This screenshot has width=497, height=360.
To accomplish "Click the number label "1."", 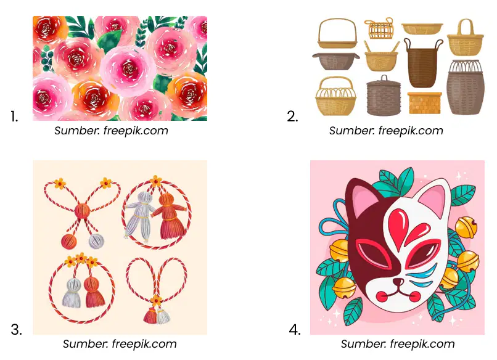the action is click(x=14, y=117).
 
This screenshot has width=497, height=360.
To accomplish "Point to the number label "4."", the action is click(x=295, y=330).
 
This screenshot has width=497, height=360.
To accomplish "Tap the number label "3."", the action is click(x=17, y=330).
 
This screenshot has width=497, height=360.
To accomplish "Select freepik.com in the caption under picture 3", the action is click(x=144, y=344).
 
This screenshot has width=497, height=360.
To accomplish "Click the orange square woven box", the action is click(x=424, y=103).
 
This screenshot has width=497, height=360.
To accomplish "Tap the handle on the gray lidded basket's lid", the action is click(x=384, y=78).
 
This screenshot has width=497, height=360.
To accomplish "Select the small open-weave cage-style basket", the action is click(x=380, y=28).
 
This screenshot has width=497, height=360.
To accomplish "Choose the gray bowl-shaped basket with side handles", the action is click(x=335, y=61).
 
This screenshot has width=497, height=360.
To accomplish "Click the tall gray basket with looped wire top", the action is click(x=466, y=86).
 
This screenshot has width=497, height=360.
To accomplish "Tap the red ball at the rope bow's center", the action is click(x=83, y=211).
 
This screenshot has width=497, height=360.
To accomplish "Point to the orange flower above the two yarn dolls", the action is click(x=155, y=182).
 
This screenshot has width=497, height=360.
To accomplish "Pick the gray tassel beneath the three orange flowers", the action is click(x=72, y=293).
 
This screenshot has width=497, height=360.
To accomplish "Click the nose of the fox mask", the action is click(x=398, y=282).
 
